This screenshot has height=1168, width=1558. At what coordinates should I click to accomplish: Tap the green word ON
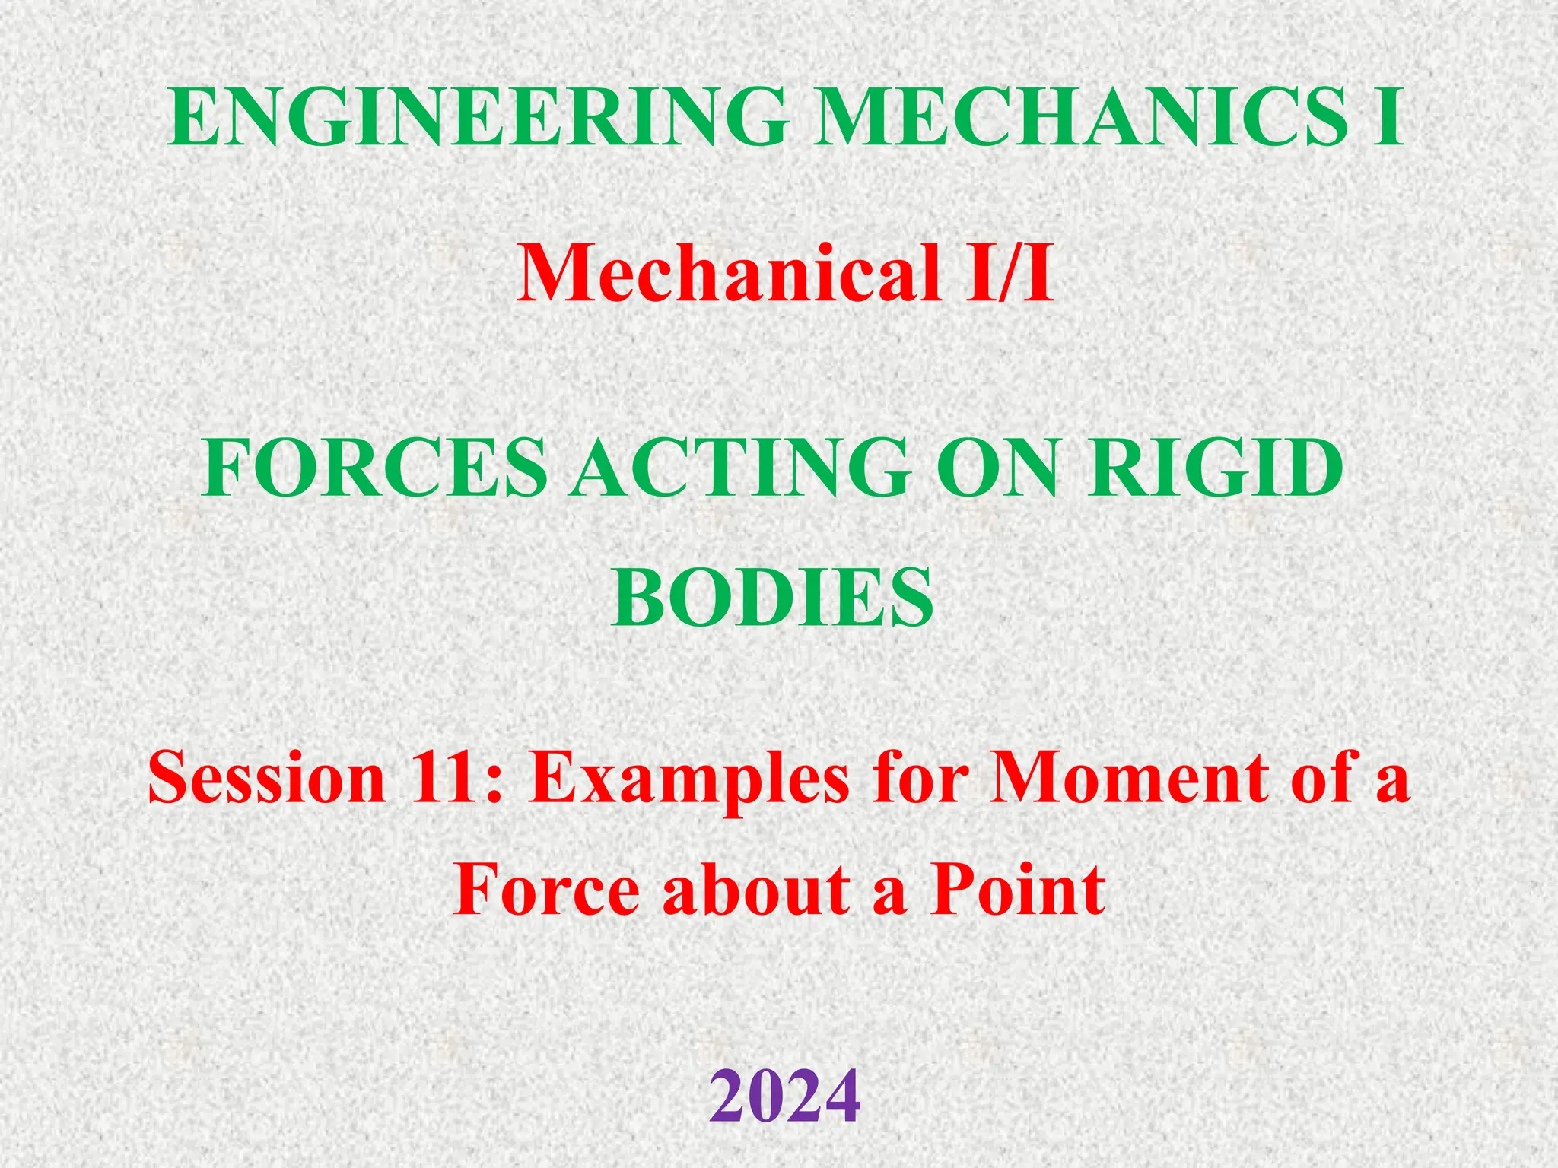coord(997,468)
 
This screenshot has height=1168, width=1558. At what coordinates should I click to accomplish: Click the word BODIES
coord(772,597)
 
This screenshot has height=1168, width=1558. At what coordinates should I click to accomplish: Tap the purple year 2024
coord(785,1096)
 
